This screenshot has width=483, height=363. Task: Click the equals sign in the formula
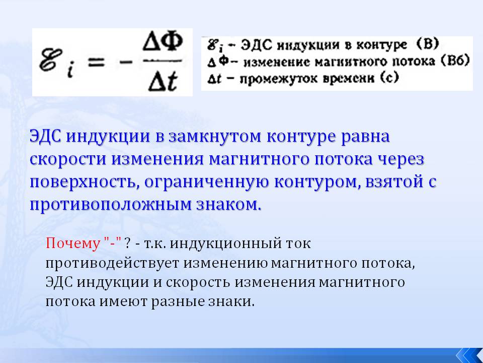[x=96, y=63]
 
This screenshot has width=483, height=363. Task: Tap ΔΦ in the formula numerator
[x=163, y=42]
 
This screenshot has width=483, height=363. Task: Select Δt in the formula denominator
[x=163, y=82]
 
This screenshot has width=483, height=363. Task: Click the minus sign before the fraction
[x=126, y=63]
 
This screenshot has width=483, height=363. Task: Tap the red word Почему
[x=73, y=243]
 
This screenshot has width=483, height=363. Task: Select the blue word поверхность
[x=83, y=182]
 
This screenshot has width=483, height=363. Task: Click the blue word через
[x=401, y=160]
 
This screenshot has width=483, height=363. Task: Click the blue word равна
[x=365, y=137]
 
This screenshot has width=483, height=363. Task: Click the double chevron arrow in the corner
[x=469, y=355]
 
